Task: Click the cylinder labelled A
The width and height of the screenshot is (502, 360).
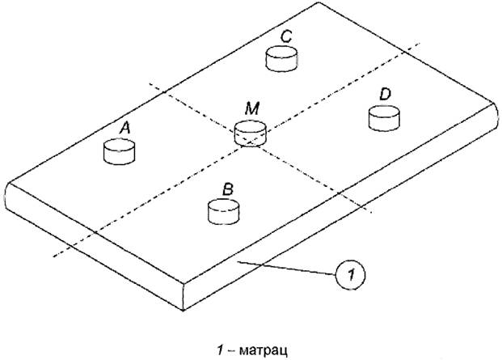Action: (119, 152)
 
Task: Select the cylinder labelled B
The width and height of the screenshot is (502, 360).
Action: (225, 213)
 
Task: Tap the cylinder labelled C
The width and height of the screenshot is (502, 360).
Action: (282, 60)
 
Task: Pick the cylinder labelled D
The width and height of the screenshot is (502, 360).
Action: (384, 119)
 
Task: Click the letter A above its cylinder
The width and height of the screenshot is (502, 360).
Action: (124, 127)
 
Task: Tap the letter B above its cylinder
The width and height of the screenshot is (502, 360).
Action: (229, 188)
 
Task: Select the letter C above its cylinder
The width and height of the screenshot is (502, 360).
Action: (286, 36)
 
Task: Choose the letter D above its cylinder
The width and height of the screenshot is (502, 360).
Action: (385, 95)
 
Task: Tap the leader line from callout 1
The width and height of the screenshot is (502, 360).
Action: (291, 268)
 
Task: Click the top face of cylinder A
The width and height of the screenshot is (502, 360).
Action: (119, 146)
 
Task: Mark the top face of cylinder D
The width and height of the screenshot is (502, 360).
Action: (384, 112)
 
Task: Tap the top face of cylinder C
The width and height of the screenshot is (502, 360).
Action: (282, 53)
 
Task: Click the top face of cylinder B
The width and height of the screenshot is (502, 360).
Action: (225, 206)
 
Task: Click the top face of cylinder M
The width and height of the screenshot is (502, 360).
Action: (249, 128)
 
